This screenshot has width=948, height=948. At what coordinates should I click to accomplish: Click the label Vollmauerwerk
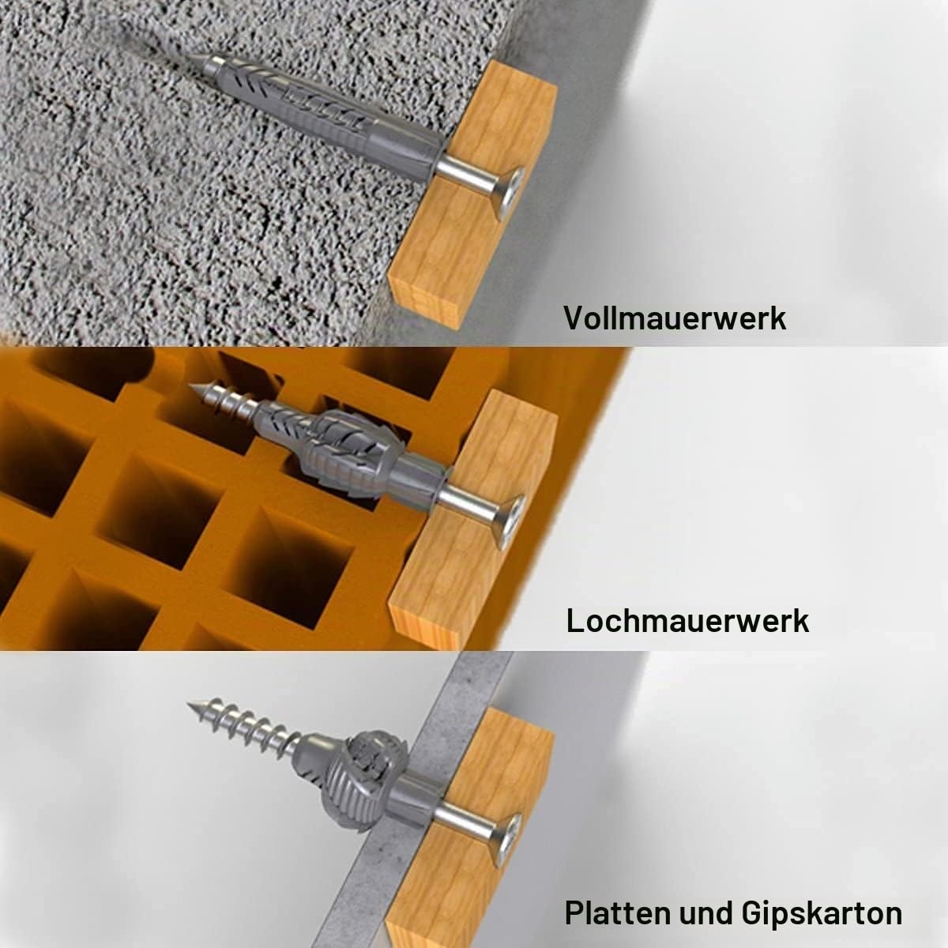tap(675, 318)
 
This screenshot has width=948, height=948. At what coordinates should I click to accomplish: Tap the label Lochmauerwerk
tap(687, 621)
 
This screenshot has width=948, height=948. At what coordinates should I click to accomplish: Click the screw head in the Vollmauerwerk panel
tap(510, 193)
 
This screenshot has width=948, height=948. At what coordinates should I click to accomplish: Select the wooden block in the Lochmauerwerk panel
tap(472, 521)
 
